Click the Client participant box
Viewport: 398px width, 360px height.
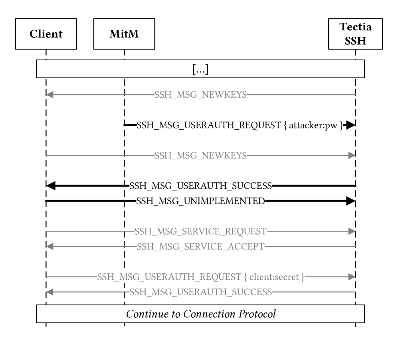tap(46, 33)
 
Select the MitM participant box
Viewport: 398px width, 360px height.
tap(124, 33)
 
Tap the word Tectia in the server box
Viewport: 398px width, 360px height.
tap(355, 27)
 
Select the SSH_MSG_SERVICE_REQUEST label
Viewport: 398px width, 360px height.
tap(200, 231)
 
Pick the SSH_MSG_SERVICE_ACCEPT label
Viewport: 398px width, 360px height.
tap(200, 247)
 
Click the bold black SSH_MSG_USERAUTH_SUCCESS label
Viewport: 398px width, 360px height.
tap(200, 186)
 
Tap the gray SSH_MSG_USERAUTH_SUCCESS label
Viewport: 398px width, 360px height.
tap(200, 292)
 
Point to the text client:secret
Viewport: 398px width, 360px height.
tap(277, 277)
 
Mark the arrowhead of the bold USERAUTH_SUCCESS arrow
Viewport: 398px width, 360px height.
tap(51, 186)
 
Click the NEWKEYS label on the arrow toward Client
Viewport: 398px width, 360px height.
tap(200, 95)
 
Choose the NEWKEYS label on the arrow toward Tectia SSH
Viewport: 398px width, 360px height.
tap(200, 156)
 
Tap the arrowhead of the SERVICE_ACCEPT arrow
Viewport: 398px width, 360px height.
tap(49, 247)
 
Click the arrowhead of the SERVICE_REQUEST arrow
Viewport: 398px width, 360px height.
tap(352, 231)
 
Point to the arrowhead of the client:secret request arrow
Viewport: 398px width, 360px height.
tap(352, 277)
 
